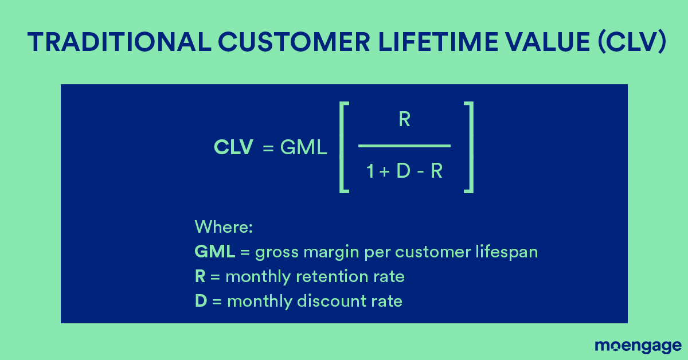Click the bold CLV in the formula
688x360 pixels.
tap(233, 148)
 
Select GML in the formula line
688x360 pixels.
tap(303, 148)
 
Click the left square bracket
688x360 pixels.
tap(345, 147)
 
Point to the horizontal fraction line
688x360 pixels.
tap(404, 146)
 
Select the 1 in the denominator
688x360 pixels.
tap(370, 171)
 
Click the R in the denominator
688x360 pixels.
tap(436, 171)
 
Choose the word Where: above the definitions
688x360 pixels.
tap(224, 226)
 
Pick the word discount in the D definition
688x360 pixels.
tap(329, 301)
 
